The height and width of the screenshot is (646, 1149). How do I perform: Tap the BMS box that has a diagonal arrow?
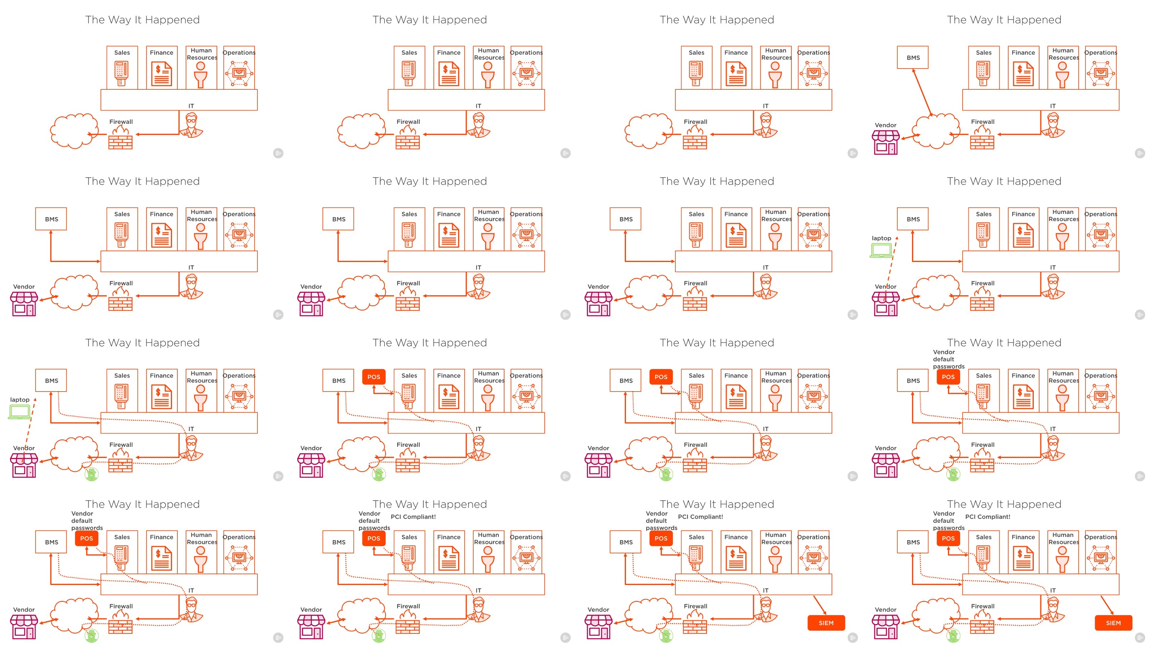point(913,57)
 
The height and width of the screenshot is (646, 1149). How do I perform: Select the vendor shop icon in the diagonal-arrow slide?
point(885,143)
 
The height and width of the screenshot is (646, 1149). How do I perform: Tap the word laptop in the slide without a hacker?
point(881,238)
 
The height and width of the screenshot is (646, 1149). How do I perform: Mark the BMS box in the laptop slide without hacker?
point(913,219)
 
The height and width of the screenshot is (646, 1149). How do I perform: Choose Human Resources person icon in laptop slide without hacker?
point(1062,235)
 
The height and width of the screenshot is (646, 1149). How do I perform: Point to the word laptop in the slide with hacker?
point(20,399)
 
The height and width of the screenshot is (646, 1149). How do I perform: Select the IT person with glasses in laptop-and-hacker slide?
point(191,448)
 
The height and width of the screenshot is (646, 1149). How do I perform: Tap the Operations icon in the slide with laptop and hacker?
point(239,396)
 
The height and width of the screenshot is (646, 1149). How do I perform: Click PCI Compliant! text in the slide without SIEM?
point(413,517)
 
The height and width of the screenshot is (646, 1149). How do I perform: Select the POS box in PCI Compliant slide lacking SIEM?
point(373,538)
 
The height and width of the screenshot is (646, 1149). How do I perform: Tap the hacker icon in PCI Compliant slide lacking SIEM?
point(379,636)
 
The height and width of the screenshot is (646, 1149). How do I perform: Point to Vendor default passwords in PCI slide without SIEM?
point(374,521)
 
